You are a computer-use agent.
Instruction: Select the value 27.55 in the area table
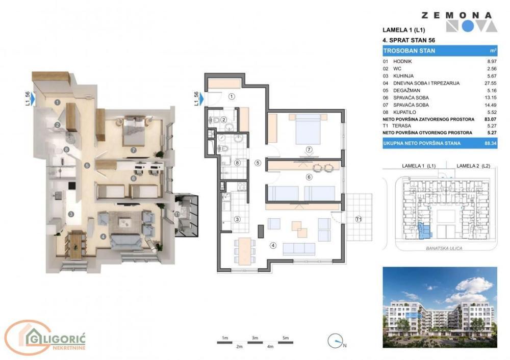click(491, 82)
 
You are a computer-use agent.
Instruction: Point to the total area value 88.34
click(491, 143)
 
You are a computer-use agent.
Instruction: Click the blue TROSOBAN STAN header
click(440, 50)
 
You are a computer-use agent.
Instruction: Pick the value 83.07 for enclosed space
click(491, 119)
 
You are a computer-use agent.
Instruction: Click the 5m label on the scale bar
click(286, 338)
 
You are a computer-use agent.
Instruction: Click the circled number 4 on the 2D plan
click(273, 246)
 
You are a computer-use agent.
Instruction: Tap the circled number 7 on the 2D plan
click(309, 149)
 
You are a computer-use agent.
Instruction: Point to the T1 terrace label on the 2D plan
click(359, 219)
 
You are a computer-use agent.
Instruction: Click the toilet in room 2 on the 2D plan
click(216, 121)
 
